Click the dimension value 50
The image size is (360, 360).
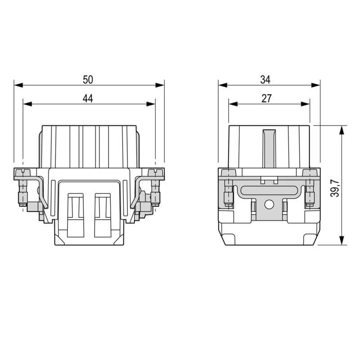tap(88, 80)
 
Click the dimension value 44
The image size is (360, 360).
tap(88, 99)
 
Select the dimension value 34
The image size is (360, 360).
tap(265, 80)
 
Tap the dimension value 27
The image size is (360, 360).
tap(266, 99)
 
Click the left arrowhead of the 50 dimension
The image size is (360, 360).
tap(18, 85)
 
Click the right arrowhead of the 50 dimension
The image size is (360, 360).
tap(160, 85)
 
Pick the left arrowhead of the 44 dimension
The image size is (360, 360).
tap(27, 104)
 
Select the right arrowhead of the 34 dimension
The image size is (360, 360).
tap(315, 85)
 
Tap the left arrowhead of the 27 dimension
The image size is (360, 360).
tap(233, 104)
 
